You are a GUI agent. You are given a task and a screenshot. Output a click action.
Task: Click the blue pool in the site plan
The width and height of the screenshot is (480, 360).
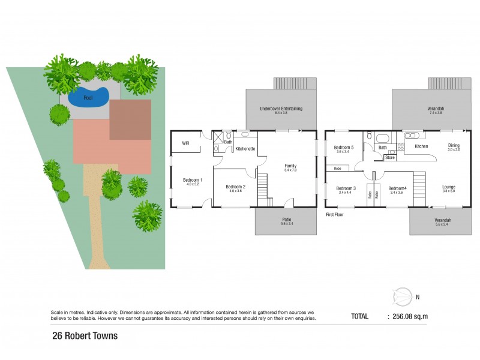(88, 97)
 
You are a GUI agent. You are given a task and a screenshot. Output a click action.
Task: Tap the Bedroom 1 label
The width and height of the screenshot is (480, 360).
(193, 181)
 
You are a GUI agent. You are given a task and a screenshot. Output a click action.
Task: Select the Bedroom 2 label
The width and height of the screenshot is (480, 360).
(234, 187)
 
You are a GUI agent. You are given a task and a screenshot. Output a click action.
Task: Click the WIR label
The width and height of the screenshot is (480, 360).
(186, 143)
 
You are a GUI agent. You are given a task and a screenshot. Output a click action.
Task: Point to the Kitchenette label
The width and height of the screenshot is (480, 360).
(246, 148)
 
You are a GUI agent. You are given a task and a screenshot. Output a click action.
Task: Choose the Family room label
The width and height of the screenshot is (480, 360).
(290, 166)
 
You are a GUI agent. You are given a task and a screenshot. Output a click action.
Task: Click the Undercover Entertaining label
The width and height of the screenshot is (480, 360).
(280, 109)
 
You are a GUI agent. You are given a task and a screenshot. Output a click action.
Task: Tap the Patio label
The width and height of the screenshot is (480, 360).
(287, 220)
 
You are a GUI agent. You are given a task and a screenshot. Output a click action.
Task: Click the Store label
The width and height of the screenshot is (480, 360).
(390, 158)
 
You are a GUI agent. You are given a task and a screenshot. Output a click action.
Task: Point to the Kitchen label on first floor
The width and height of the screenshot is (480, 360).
(421, 146)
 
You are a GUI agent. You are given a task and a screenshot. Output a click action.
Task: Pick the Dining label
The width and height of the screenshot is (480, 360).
(454, 145)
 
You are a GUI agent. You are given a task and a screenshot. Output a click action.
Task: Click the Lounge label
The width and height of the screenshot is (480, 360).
(449, 187)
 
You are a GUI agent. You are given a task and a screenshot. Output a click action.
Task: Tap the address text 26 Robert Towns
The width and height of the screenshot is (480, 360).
(85, 336)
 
